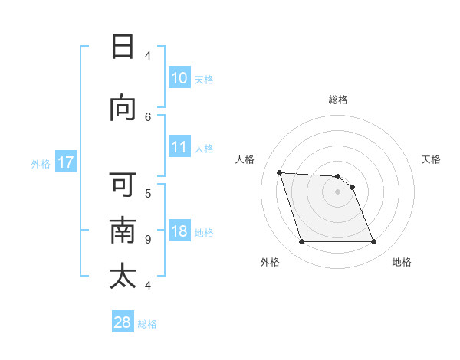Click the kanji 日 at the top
click(x=123, y=47)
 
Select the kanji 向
click(x=123, y=108)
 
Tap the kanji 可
click(x=123, y=185)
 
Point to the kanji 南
click(x=123, y=231)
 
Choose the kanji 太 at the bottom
click(x=123, y=277)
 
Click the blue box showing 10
click(x=179, y=78)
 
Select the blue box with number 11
click(x=179, y=147)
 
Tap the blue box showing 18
click(x=179, y=232)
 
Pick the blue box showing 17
click(x=65, y=162)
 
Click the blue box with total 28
click(x=123, y=322)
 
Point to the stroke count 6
click(x=148, y=116)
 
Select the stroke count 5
click(x=148, y=193)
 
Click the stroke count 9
click(x=148, y=239)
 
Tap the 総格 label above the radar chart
click(x=338, y=100)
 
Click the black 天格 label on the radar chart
click(x=432, y=159)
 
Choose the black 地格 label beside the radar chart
click(x=402, y=262)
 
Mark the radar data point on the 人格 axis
click(x=279, y=172)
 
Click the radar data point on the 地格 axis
click(x=374, y=242)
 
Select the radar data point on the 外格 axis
click(x=301, y=242)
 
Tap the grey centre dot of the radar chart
click(x=338, y=191)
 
